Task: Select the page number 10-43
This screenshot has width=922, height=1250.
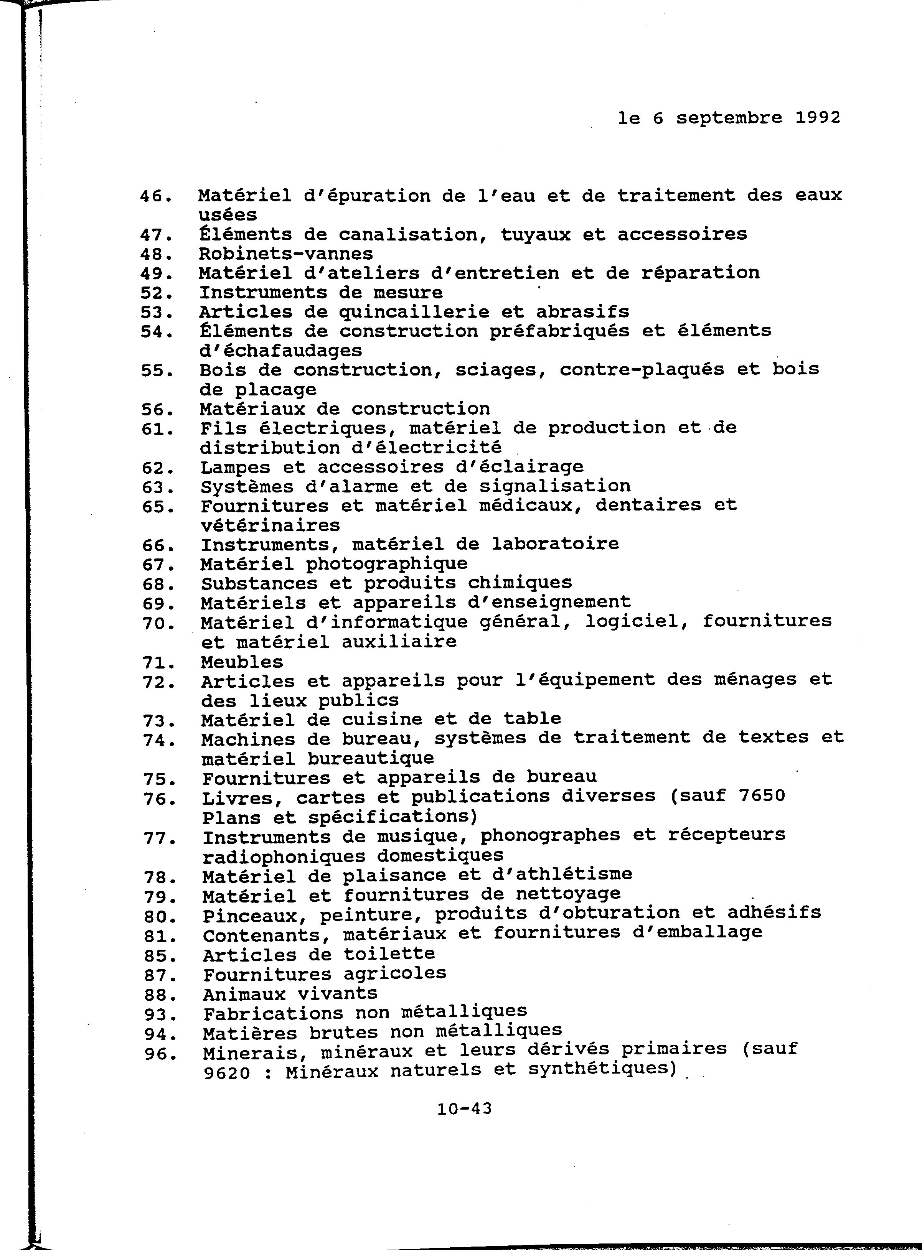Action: click(464, 1108)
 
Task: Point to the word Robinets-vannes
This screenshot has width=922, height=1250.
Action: click(286, 254)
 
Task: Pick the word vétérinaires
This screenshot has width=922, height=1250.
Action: click(270, 525)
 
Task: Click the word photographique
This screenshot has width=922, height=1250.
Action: click(387, 563)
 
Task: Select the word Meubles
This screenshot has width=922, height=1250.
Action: click(242, 662)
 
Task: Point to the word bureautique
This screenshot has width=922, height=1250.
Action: click(371, 759)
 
